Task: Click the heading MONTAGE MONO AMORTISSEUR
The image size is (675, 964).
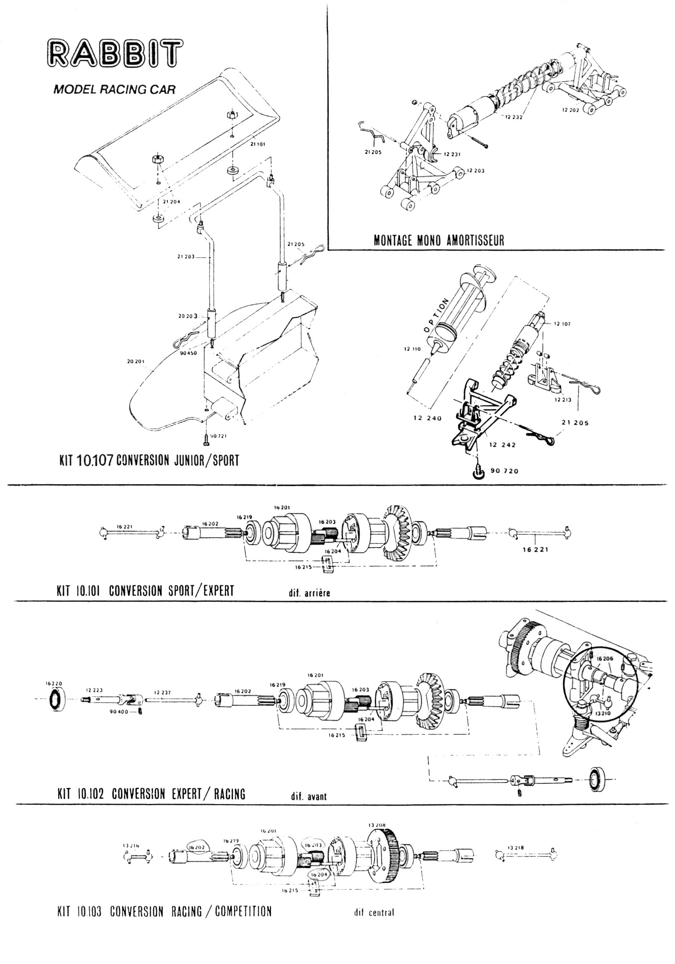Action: tap(439, 240)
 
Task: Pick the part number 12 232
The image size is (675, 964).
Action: tap(514, 118)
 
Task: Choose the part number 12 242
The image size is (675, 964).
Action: tap(503, 444)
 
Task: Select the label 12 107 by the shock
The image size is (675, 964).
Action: tap(562, 324)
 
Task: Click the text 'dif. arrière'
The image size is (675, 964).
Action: tap(307, 593)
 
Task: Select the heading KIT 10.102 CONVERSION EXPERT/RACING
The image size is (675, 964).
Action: tap(151, 794)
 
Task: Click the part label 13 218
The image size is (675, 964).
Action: tap(516, 848)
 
